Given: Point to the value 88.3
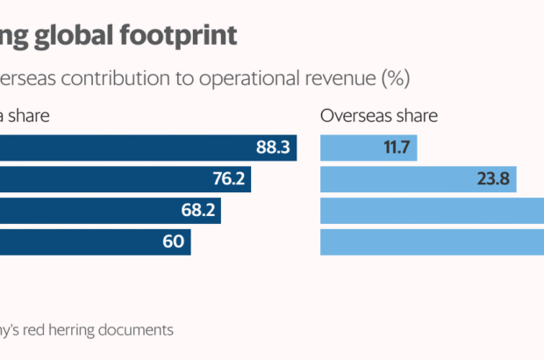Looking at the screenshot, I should pos(273,148).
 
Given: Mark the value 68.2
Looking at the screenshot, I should pos(198,211).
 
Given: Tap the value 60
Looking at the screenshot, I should pos(173,241).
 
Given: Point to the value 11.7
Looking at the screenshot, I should pos(397,148).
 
